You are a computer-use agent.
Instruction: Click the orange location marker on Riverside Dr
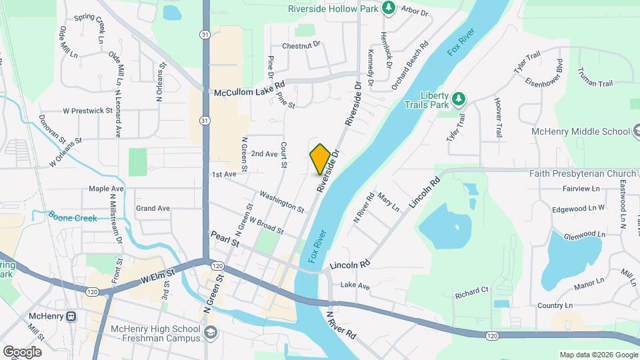(x=320, y=159)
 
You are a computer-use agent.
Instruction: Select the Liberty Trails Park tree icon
(x=458, y=99)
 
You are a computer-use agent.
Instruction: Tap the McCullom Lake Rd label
(x=249, y=93)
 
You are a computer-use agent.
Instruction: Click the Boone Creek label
(x=73, y=218)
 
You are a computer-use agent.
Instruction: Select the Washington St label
(x=282, y=202)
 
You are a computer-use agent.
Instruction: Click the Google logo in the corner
(x=22, y=351)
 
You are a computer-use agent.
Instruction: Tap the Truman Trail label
(x=595, y=79)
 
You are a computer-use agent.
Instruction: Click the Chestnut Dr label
(x=301, y=45)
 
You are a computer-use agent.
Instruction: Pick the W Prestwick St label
(x=88, y=111)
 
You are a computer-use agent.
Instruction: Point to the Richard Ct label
(x=472, y=291)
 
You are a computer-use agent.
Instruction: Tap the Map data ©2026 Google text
(x=597, y=355)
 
